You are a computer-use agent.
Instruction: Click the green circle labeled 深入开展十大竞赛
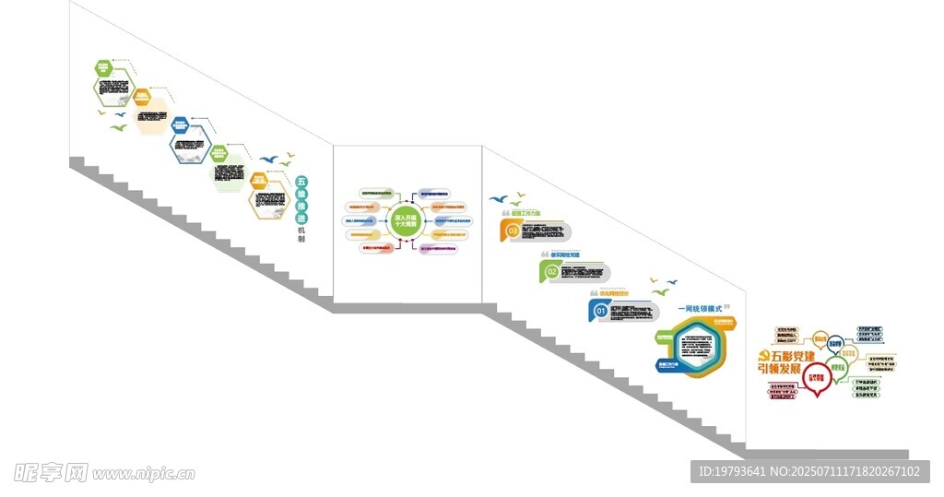coord(406,222)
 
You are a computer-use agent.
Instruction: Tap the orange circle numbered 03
coord(513,231)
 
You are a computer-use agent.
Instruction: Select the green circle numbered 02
coord(552,271)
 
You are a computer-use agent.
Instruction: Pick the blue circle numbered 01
coord(600,311)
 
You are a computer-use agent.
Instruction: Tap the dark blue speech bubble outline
coord(836,345)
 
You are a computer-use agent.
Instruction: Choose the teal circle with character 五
coord(301,182)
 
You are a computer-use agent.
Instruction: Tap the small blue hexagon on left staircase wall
coord(179,124)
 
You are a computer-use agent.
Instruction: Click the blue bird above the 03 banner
coord(498,198)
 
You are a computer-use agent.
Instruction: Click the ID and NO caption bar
coord(808,472)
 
